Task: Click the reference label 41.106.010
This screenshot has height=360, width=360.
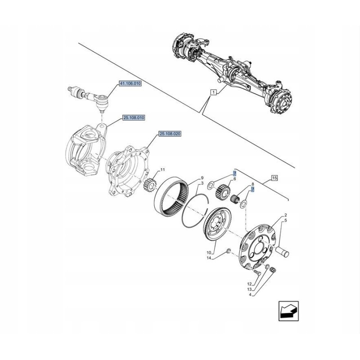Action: tap(130, 84)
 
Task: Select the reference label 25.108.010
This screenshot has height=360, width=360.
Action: tap(133, 118)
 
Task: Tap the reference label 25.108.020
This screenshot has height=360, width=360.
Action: tap(169, 134)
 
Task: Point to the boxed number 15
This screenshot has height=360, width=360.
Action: tap(275, 178)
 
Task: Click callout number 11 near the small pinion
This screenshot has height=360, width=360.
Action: tap(162, 170)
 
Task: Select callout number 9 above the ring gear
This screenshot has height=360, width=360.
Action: tap(202, 178)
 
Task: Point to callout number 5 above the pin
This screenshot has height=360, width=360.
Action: tap(285, 221)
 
